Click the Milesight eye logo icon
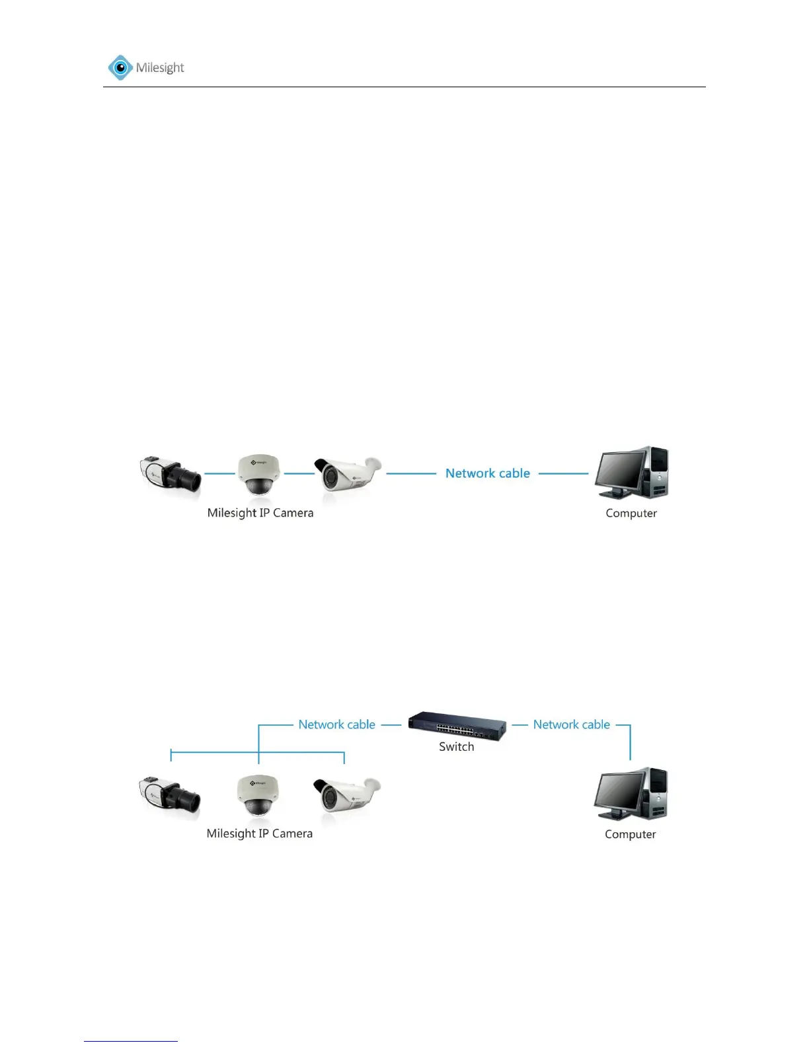(120, 67)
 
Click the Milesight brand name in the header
(160, 67)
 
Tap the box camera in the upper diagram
(171, 473)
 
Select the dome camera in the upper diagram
(259, 474)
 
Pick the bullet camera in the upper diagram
(347, 474)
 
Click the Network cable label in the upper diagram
(488, 473)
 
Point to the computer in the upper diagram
(631, 473)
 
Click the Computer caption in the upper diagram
(631, 514)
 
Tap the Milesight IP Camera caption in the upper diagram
(260, 513)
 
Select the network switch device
(457, 726)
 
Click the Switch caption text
(457, 747)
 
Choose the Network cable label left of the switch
(336, 724)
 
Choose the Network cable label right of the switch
(572, 724)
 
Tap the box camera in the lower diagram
(169, 795)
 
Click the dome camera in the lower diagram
(258, 795)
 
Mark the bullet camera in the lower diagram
(346, 795)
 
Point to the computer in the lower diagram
(631, 794)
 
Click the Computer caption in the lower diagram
(631, 835)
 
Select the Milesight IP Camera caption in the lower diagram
(260, 834)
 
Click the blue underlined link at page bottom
(131, 1041)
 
